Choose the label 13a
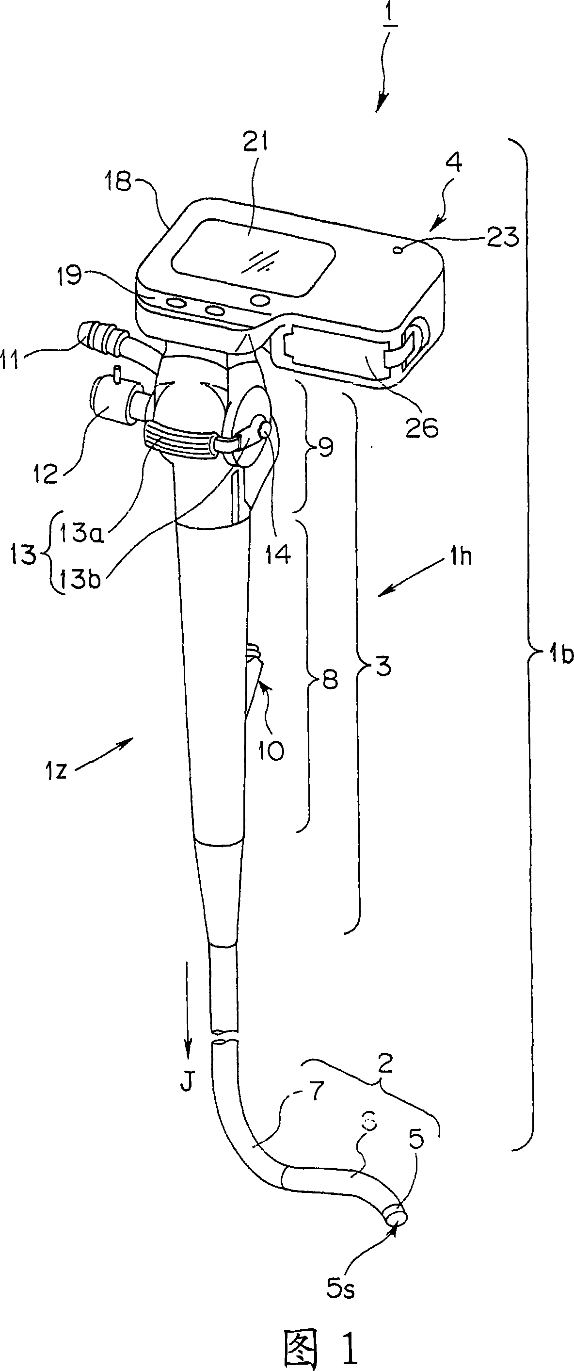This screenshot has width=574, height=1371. (x=81, y=532)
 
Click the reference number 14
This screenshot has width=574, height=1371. (x=278, y=554)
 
